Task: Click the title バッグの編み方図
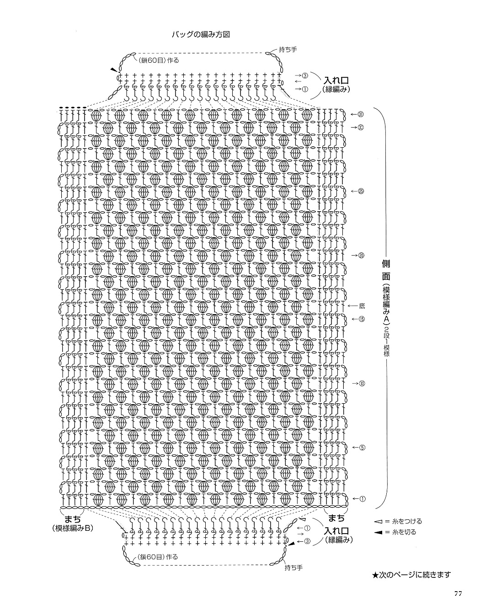(201, 35)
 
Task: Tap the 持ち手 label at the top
(288, 49)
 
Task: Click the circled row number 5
(362, 448)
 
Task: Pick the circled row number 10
(362, 384)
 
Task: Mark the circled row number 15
(362, 319)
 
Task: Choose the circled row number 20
(362, 255)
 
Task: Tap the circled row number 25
(361, 191)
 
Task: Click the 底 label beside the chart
(362, 305)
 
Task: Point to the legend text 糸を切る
(404, 532)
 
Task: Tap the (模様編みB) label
(73, 528)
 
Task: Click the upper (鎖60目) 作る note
(159, 60)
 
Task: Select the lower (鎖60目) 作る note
(157, 557)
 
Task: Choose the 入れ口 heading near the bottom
(337, 531)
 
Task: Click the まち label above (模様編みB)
(73, 519)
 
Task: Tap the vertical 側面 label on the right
(386, 270)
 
